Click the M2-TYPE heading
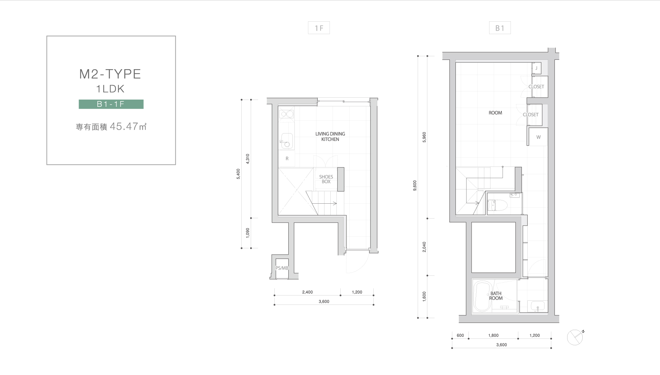tap(110, 74)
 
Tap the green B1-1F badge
tap(111, 104)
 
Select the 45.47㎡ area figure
tap(128, 126)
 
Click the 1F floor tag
tap(319, 28)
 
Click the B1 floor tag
tap(500, 28)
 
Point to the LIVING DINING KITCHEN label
tap(330, 136)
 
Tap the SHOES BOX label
tap(326, 179)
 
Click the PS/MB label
tap(282, 268)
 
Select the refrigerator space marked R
tap(287, 159)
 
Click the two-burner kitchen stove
tap(287, 114)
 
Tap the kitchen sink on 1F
tap(287, 141)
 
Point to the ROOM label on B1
tap(495, 113)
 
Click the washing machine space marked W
tap(538, 137)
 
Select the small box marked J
tap(536, 68)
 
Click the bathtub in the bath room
tap(482, 296)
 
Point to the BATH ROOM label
tap(496, 296)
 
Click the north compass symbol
tap(575, 337)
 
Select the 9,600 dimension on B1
tap(415, 186)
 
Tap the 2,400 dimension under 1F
tap(307, 292)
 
